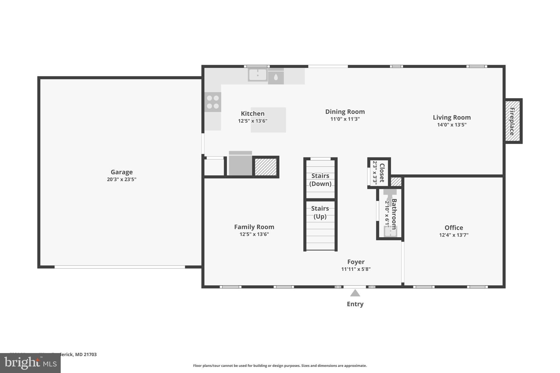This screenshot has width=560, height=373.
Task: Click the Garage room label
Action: coord(121,172)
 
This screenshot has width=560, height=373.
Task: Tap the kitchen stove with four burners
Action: coord(213,102)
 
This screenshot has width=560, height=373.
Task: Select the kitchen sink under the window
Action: coord(258,75)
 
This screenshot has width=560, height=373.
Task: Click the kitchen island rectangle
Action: coord(268,120)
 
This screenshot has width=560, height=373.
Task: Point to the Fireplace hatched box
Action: coord(513,121)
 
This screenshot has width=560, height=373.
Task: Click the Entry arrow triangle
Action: coord(355,293)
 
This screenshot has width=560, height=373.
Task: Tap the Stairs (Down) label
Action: coord(320,180)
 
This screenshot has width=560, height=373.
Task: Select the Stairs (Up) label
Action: coord(320,212)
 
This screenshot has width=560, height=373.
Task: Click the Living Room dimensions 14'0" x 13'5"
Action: coord(452,125)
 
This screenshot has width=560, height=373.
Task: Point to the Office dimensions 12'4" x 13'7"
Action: coord(454,235)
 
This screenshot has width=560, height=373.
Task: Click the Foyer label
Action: coord(356,262)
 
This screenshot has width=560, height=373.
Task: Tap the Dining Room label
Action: coord(345,111)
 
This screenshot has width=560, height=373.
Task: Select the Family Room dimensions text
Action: coord(254,234)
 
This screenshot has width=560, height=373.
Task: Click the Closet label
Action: coord(382,173)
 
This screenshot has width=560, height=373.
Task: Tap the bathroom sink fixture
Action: coord(390,231)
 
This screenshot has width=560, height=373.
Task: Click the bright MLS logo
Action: coord(30,363)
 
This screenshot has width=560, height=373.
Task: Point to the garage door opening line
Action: coord(120,267)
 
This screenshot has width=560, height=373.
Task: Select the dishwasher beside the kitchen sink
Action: coord(276,76)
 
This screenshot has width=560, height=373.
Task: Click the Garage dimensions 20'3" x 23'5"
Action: coord(121,180)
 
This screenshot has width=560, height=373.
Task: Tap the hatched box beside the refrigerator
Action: coord(266,167)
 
